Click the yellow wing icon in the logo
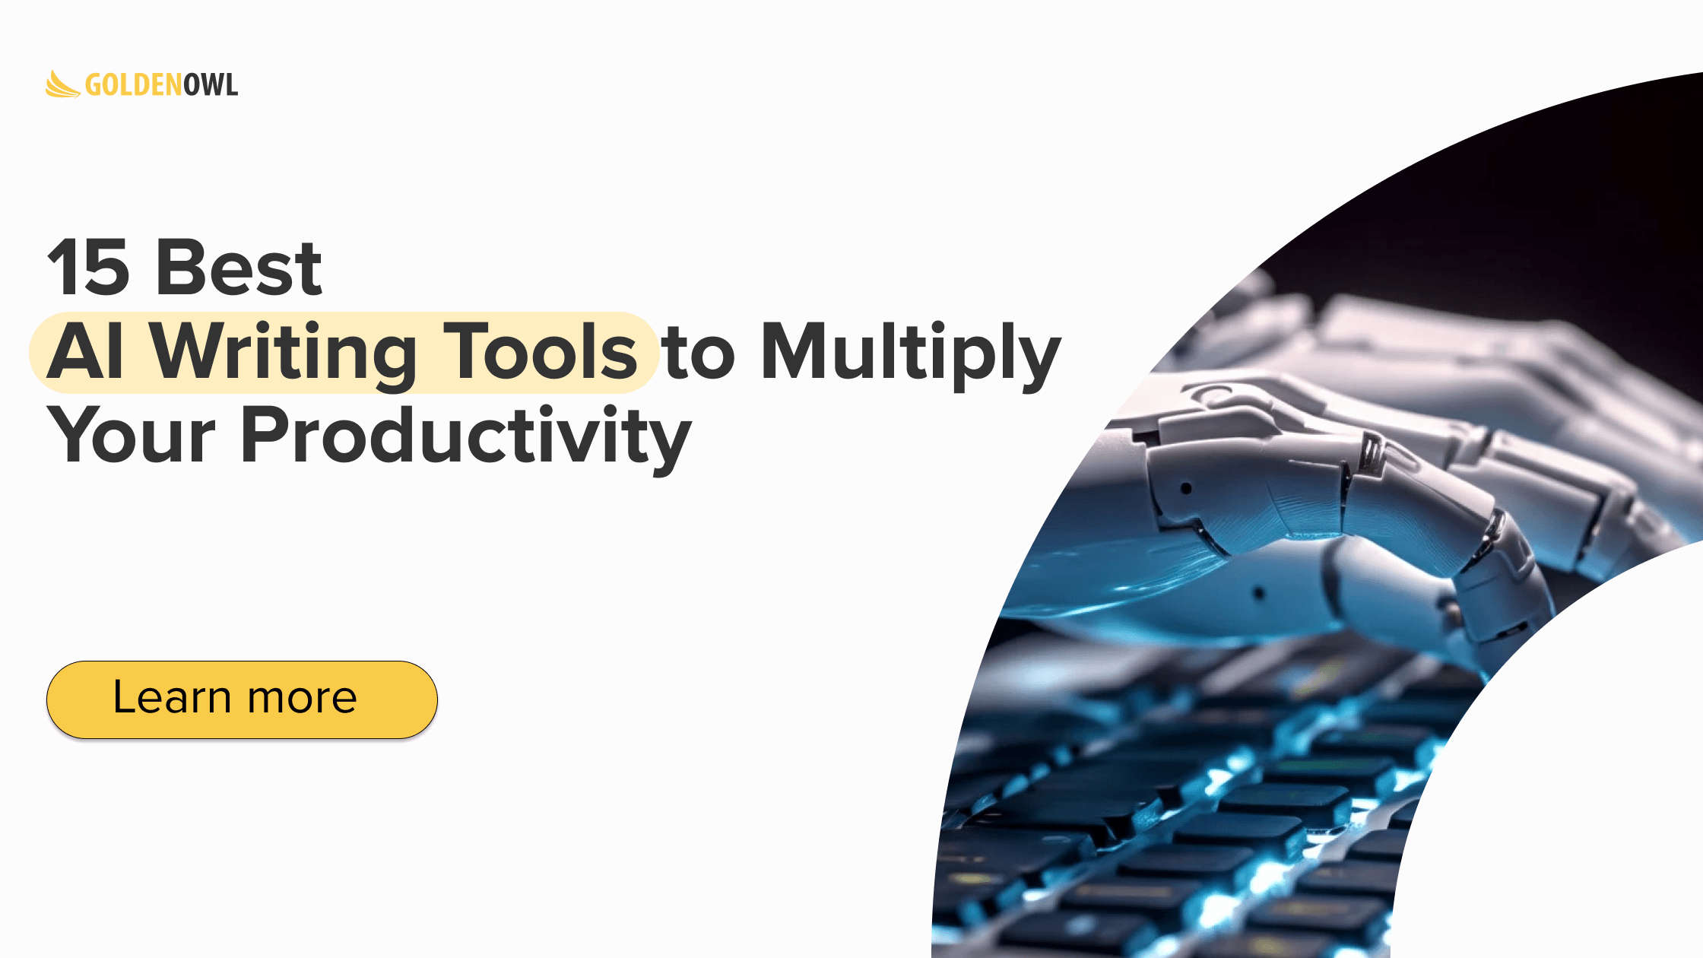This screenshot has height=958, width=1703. (62, 84)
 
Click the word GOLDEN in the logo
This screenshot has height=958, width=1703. (134, 85)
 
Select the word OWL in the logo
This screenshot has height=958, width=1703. (211, 85)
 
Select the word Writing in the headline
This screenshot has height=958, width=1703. (282, 356)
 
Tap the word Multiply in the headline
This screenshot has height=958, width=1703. (911, 355)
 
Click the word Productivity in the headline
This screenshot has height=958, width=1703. (466, 439)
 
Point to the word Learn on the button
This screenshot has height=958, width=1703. (172, 697)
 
